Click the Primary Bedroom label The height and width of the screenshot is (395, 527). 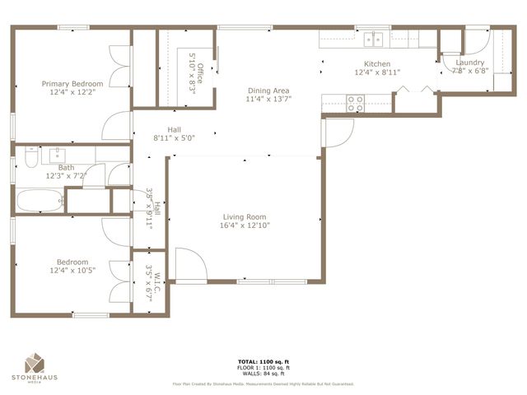[73, 83]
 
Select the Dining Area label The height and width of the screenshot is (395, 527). [268, 91]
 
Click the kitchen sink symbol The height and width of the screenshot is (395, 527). [375, 38]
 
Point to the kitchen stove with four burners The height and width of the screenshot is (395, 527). [355, 103]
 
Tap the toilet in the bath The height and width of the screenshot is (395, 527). [30, 155]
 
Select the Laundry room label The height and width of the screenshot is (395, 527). [469, 62]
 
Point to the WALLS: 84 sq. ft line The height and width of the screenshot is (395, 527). [263, 374]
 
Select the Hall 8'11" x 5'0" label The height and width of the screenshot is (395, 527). [174, 129]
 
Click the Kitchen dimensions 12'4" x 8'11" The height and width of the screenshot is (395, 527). [377, 73]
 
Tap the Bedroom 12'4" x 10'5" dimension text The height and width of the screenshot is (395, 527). [72, 270]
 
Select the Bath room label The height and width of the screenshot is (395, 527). [66, 167]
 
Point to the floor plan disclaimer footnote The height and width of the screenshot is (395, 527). [263, 383]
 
